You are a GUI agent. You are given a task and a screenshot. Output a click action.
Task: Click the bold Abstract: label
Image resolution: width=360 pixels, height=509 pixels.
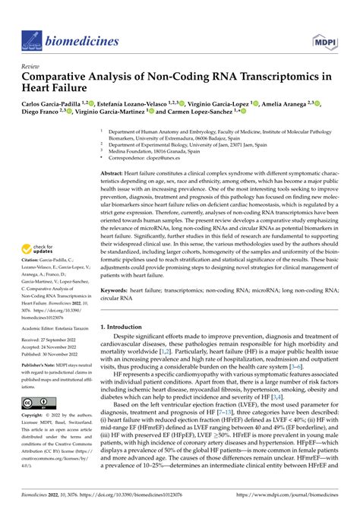(x=116, y=173)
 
